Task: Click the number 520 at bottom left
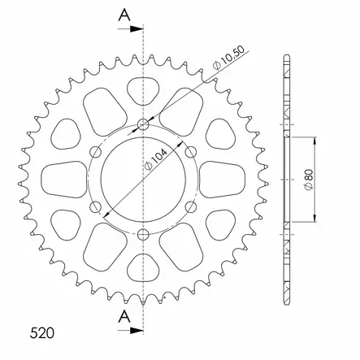(x=42, y=333)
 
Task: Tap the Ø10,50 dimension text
(x=229, y=58)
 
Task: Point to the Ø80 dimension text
(x=309, y=180)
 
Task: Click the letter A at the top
(x=124, y=15)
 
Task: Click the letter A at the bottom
(x=124, y=316)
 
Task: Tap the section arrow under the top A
(x=130, y=28)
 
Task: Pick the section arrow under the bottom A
(x=130, y=330)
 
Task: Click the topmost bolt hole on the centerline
(x=143, y=124)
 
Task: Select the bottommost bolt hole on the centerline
(x=143, y=235)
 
